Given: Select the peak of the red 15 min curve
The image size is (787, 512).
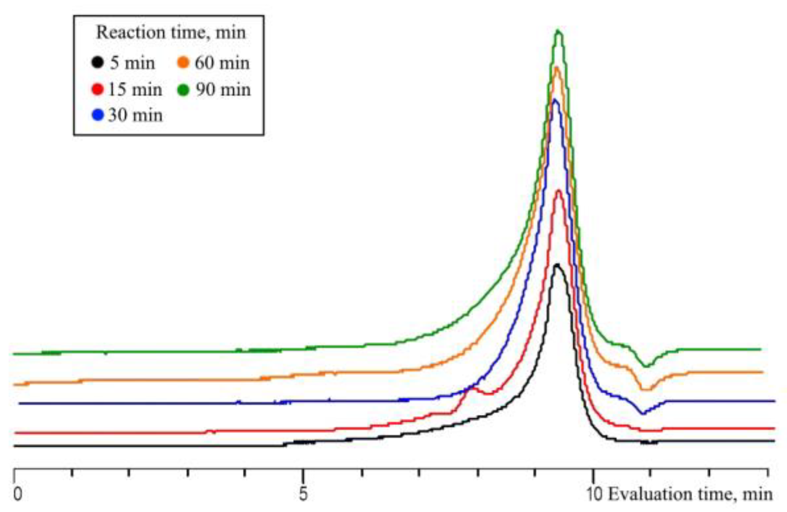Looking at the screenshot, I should coord(559,191).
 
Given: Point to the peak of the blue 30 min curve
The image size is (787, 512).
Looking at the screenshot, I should coord(555,100).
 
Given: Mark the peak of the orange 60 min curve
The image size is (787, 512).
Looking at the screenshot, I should coord(557,68).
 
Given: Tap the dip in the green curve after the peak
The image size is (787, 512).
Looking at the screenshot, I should coord(645,366).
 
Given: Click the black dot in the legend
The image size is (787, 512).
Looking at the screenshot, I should coord(97,63).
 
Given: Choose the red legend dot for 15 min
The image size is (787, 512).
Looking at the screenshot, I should coord(97,90).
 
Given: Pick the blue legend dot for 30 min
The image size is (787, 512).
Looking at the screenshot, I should coord(97,116).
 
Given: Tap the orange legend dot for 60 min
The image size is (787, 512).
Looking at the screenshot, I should coord(183,63).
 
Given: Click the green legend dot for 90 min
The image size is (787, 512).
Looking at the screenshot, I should coord(183,90).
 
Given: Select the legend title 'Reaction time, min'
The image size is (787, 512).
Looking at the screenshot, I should coord(170,33).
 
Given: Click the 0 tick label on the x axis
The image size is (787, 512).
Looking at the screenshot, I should coord(17,494).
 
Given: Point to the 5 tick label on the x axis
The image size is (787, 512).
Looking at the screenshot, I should coord(303,494).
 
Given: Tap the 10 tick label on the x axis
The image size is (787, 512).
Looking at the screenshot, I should coord(595,494).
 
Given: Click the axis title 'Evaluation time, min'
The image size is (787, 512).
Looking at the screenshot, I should coord(690,494).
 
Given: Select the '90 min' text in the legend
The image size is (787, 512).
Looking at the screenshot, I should coord(223,90).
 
